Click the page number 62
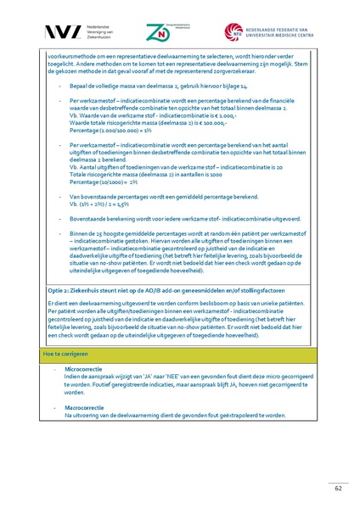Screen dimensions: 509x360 tap(335, 487)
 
